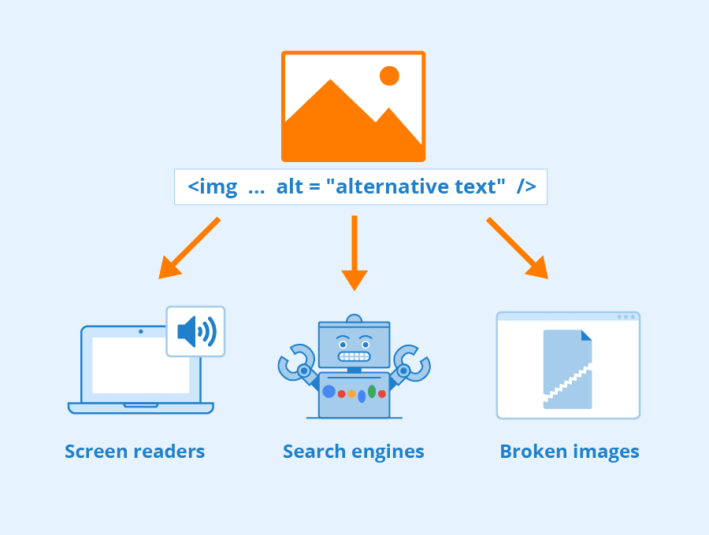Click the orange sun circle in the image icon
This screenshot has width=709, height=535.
[x=389, y=76]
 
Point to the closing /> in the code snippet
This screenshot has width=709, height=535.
[x=526, y=187]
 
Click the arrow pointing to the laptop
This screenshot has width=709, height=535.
[x=189, y=248]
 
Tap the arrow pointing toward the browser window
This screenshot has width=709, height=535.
[x=518, y=248]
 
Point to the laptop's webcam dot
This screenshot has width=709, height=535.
[x=141, y=331]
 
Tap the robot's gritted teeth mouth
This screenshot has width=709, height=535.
[x=354, y=356]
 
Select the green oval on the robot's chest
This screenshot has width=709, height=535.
[x=372, y=391]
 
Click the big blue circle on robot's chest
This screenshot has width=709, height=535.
[x=329, y=391]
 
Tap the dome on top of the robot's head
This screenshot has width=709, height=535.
[x=354, y=319]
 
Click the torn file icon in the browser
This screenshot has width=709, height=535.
[x=567, y=369]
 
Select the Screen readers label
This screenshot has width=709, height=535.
[x=135, y=452]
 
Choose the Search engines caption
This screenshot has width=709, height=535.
[x=354, y=452]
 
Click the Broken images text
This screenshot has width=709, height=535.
[x=570, y=452]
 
